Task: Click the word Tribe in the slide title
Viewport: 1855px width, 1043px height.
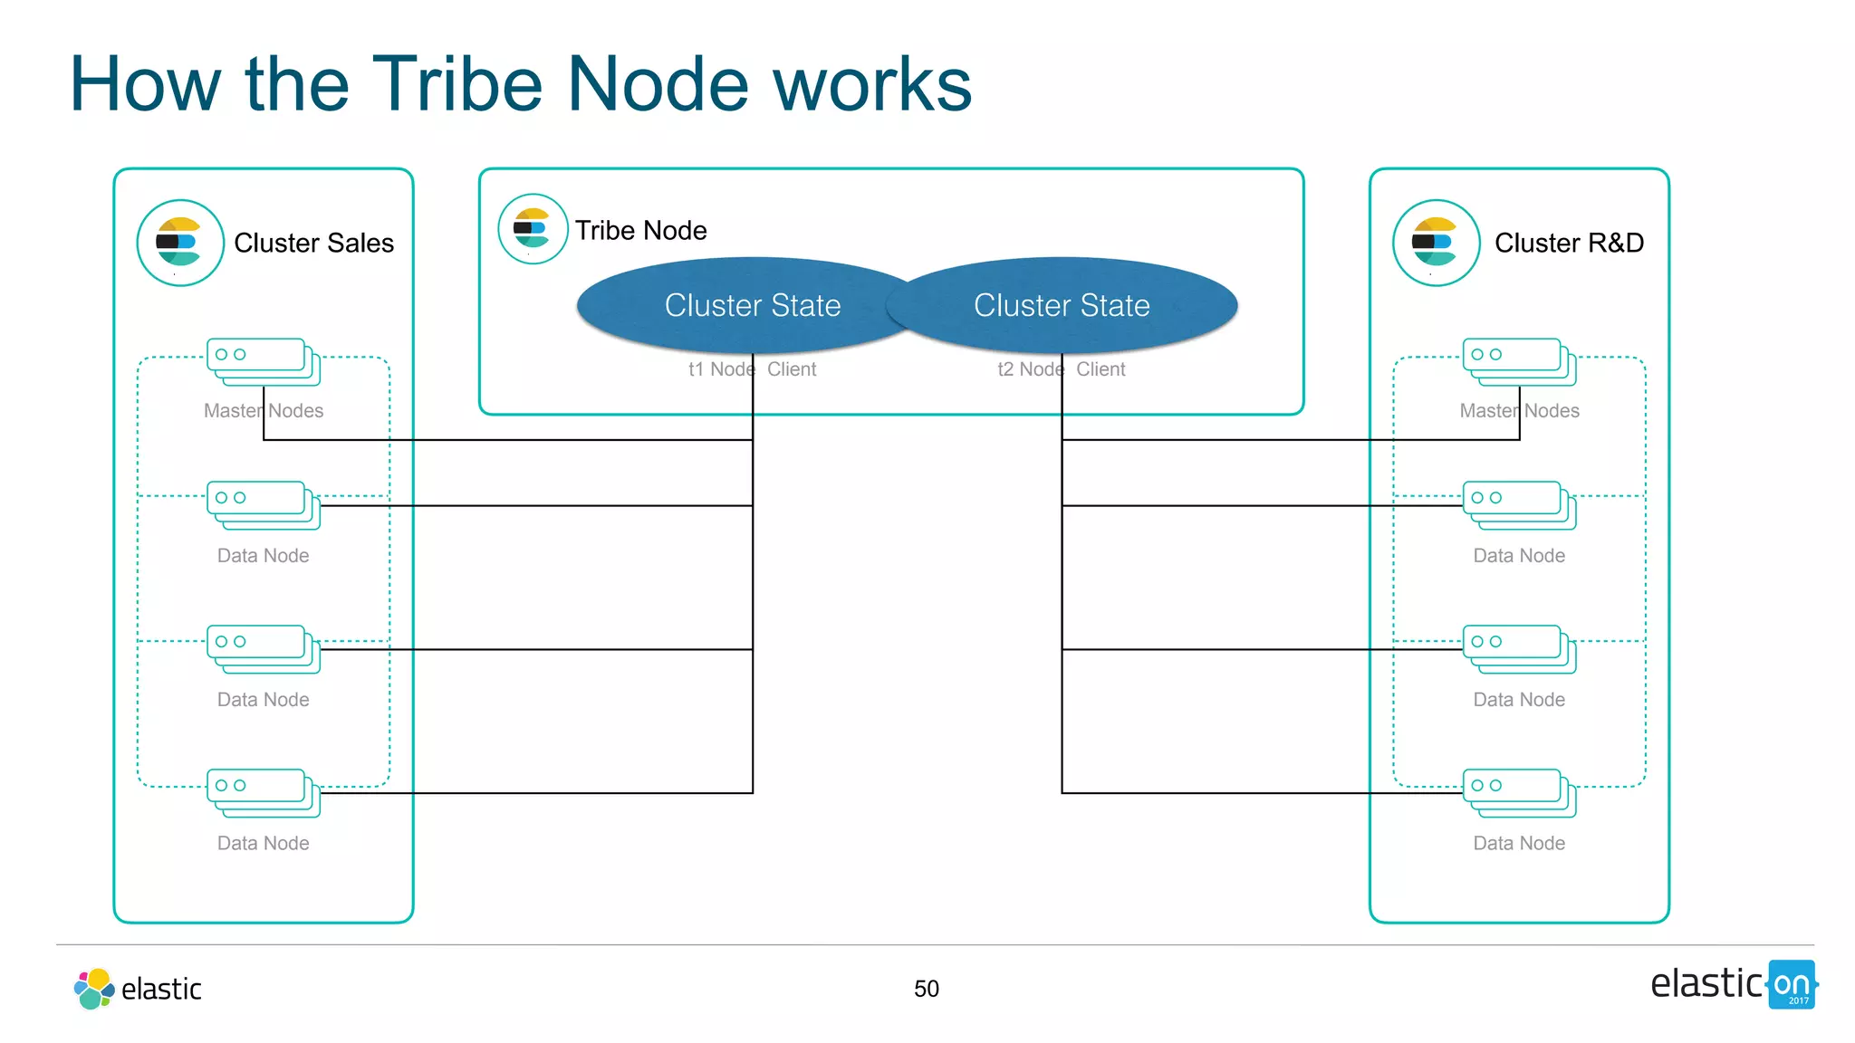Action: click(457, 84)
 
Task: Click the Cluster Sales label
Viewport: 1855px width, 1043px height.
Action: click(313, 243)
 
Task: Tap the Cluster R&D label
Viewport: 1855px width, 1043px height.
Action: click(1569, 243)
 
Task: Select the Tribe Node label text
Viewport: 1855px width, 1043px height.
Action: click(640, 230)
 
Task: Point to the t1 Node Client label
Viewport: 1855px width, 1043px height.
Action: click(752, 369)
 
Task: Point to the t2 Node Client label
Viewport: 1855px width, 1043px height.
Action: click(1062, 369)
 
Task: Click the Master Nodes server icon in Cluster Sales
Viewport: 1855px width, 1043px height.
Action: click(263, 362)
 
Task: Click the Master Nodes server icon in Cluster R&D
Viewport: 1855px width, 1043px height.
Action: click(1519, 362)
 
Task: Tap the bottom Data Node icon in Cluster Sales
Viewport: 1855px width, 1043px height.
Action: click(263, 793)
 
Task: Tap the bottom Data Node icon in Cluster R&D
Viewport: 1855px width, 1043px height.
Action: click(1519, 793)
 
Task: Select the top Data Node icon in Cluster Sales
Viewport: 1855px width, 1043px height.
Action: click(263, 505)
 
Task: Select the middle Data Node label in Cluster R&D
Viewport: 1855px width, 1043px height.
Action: click(1519, 699)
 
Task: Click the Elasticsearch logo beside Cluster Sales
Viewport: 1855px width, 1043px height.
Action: click(180, 243)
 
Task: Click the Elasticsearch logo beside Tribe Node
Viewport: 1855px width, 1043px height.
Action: click(533, 229)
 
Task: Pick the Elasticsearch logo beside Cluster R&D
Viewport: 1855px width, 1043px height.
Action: click(1436, 243)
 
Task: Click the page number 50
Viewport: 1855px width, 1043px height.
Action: click(926, 989)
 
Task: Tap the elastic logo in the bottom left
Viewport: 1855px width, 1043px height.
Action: click(138, 989)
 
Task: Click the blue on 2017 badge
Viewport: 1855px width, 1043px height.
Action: click(1792, 985)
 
